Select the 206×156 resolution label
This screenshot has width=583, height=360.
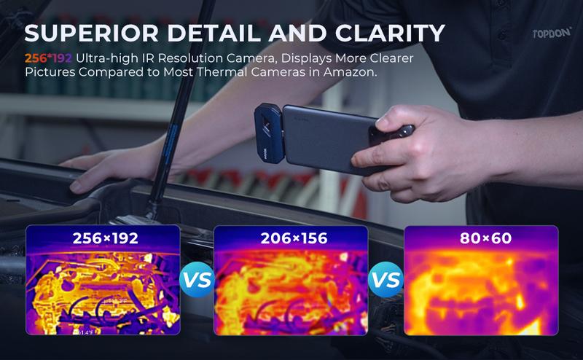pos(291,238)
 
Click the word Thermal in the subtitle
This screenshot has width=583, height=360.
pos(224,74)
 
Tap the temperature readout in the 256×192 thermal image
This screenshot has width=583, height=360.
pos(117,300)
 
